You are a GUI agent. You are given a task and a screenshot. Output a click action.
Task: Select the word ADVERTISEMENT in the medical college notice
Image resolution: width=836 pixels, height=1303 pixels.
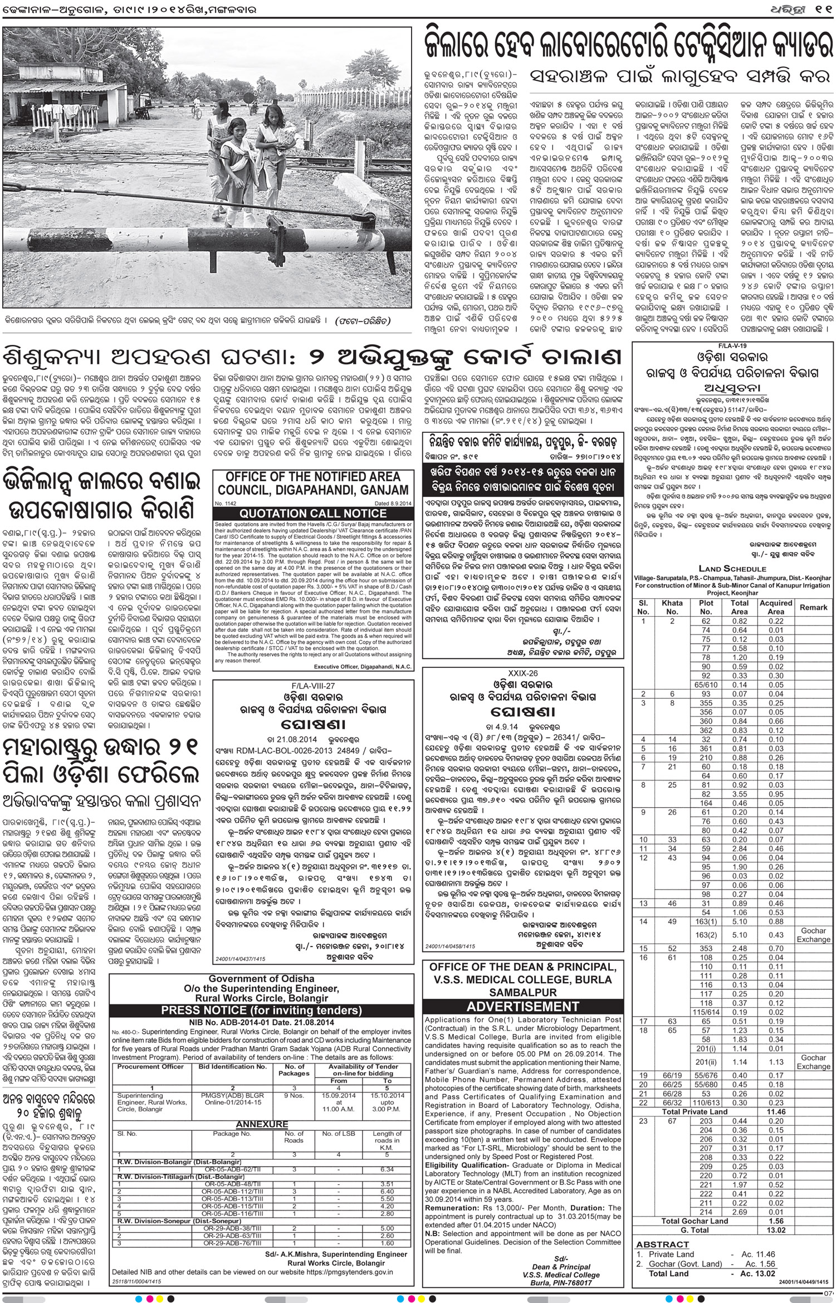pyautogui.click(x=522, y=1007)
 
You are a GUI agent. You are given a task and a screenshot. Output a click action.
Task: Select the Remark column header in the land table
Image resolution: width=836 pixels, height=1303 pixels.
pyautogui.click(x=813, y=607)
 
